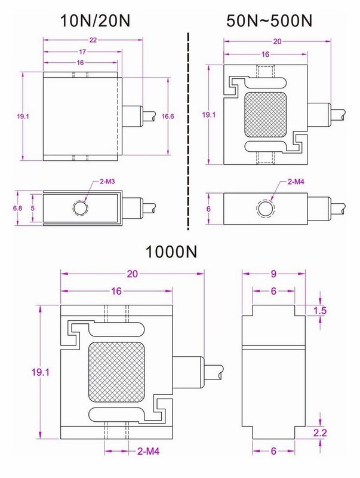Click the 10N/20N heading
coord(96,22)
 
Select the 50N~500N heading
coord(269,22)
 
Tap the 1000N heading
coord(171,252)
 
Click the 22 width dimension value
coord(93,40)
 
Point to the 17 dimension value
coord(82,52)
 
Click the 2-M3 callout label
coord(107,182)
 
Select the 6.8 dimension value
coord(17,209)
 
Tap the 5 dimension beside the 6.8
coord(33,209)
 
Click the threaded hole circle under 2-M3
coord(81,209)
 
